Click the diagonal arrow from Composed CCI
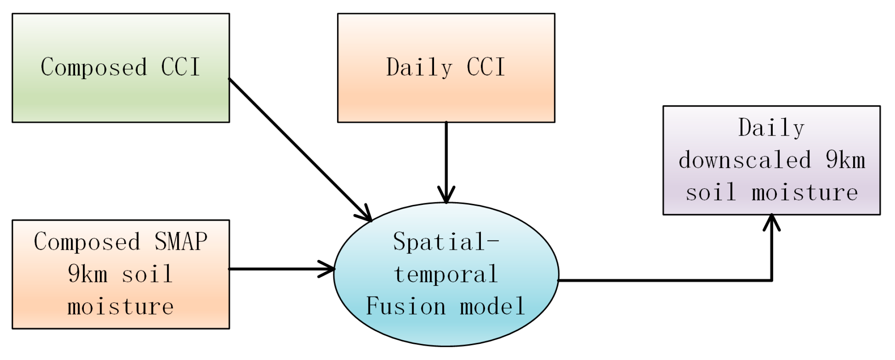click(298, 148)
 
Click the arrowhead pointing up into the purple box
click(771, 222)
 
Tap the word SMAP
click(181, 242)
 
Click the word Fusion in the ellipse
click(406, 306)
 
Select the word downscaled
click(745, 160)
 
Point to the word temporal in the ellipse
click(446, 275)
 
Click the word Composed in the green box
click(94, 68)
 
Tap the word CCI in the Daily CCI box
click(486, 67)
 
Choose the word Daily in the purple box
click(771, 128)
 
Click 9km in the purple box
click(845, 160)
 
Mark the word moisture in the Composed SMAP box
click(121, 307)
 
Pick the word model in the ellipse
click(492, 306)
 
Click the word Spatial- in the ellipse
click(446, 242)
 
